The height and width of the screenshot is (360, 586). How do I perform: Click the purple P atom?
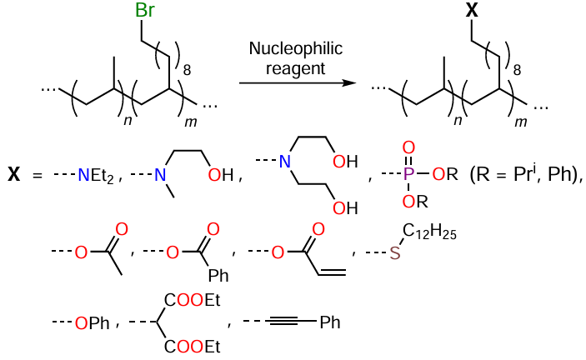tap(409, 176)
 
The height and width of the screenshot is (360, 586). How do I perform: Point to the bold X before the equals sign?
tap(14, 176)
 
